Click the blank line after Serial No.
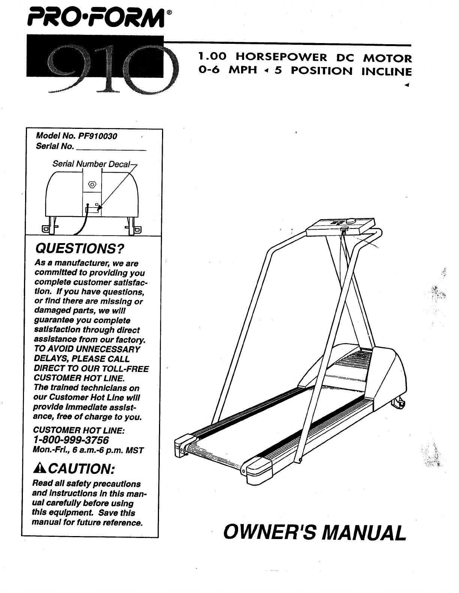[x=111, y=149]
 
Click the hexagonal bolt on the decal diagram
[x=92, y=185]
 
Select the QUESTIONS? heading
[x=79, y=248]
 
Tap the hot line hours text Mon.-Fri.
[x=88, y=450]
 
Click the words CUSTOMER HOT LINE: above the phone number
[x=79, y=430]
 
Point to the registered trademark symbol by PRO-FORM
[x=170, y=12]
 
